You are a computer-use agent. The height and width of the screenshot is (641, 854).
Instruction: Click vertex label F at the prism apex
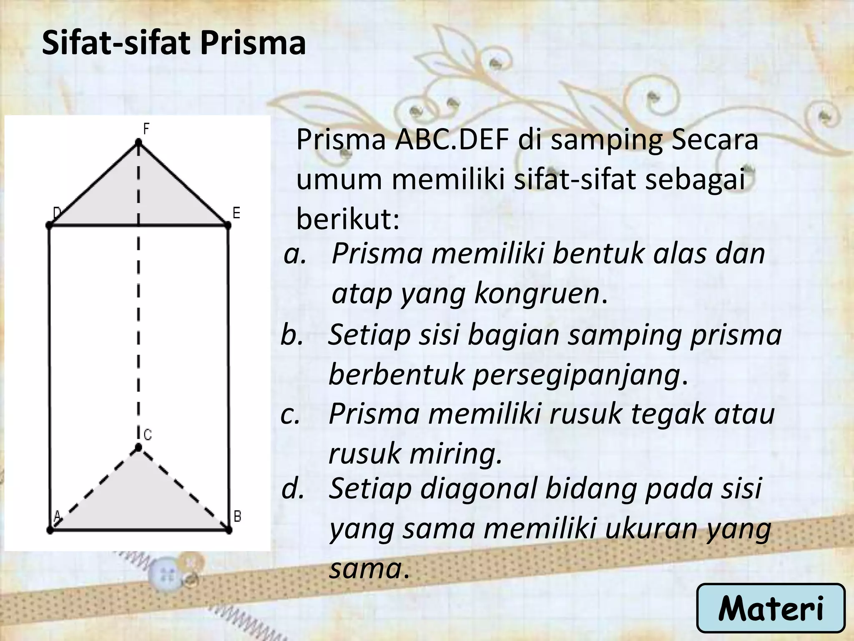pyautogui.click(x=146, y=129)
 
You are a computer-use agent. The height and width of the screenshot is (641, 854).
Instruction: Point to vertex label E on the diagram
pyautogui.click(x=236, y=214)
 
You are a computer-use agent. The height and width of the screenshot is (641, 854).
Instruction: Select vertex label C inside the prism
pyautogui.click(x=148, y=435)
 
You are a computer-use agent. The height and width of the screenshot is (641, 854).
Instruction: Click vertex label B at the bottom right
pyautogui.click(x=237, y=516)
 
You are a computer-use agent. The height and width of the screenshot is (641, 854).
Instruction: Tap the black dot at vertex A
pyautogui.click(x=50, y=530)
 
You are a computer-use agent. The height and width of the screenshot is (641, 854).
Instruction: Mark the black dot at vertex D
pyautogui.click(x=49, y=225)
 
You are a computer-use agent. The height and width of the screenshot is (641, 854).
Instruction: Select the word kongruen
pyautogui.click(x=537, y=293)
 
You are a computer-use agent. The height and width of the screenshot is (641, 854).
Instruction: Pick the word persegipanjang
pyautogui.click(x=575, y=374)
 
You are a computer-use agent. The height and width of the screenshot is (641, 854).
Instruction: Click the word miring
pyautogui.click(x=456, y=454)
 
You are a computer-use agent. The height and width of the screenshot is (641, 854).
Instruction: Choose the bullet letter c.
pyautogui.click(x=291, y=414)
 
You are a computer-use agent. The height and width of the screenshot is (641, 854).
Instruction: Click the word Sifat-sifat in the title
pyautogui.click(x=116, y=43)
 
